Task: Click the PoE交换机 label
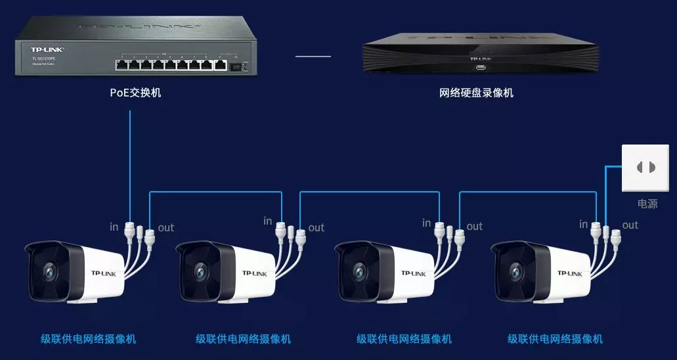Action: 135,93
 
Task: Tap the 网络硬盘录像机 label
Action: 476,93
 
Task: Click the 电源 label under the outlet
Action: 647,204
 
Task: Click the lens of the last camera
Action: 513,270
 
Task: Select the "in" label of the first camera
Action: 114,227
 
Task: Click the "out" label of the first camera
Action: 166,227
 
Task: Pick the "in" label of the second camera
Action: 267,221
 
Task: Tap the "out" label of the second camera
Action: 317,227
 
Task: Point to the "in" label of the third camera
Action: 427,223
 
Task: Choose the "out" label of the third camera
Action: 475,227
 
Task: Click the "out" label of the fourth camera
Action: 630,225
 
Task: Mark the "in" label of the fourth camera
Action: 584,225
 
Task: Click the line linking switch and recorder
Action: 313,56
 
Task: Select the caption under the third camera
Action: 404,339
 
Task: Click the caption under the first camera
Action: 89,339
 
